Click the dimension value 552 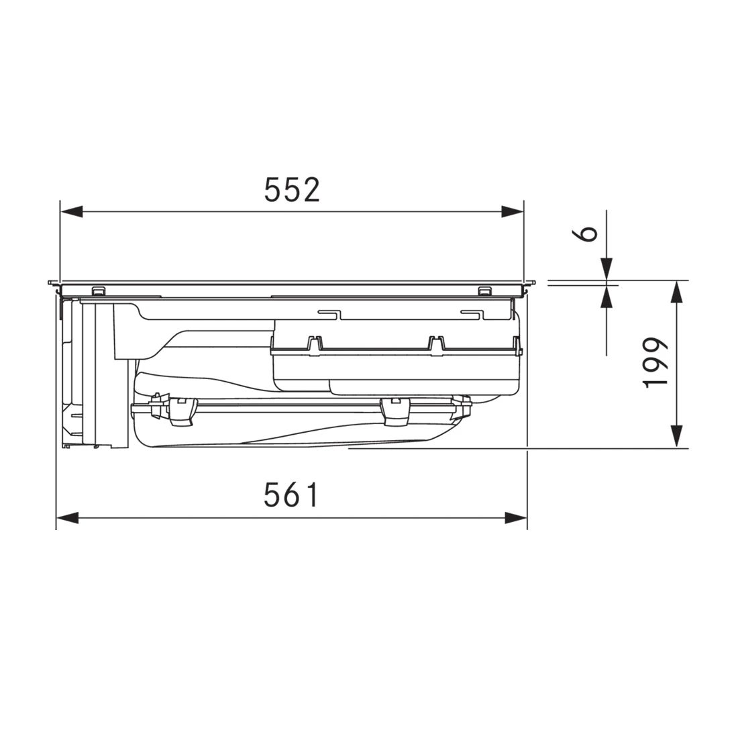[x=292, y=189]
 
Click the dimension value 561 [x=291, y=494]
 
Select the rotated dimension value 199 [x=655, y=362]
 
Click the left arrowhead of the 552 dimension [x=72, y=211]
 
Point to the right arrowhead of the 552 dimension [x=513, y=211]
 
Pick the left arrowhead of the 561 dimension [x=67, y=518]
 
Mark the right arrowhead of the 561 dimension [x=516, y=518]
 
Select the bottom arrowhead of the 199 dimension [x=676, y=436]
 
